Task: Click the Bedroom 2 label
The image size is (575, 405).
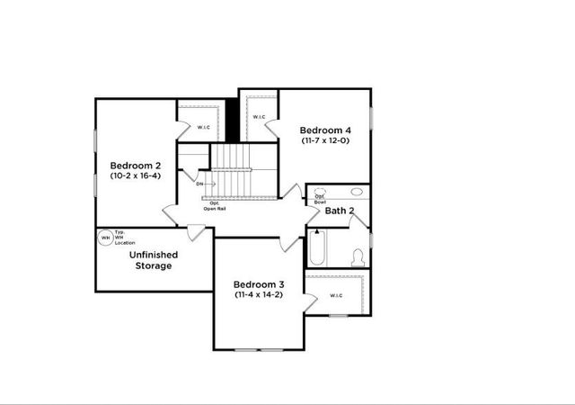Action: [x=136, y=166]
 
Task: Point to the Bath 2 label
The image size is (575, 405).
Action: [x=340, y=211]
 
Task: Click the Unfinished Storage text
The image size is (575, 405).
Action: [x=154, y=260]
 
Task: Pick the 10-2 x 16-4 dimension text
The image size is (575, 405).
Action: [x=136, y=176]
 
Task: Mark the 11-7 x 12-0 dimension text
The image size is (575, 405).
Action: [x=324, y=140]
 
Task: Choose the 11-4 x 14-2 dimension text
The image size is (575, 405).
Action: [x=259, y=294]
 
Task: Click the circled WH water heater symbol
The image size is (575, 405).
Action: [x=106, y=238]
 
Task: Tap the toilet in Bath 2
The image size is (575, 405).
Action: [x=358, y=256]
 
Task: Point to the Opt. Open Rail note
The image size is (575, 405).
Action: [x=215, y=206]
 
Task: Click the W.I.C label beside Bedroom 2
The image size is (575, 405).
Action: [x=203, y=127]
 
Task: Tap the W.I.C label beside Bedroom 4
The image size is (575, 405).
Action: [x=258, y=117]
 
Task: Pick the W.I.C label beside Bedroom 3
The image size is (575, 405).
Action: [x=336, y=295]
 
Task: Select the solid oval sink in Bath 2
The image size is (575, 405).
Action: [x=357, y=192]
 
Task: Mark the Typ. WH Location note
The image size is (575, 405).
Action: [x=124, y=238]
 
